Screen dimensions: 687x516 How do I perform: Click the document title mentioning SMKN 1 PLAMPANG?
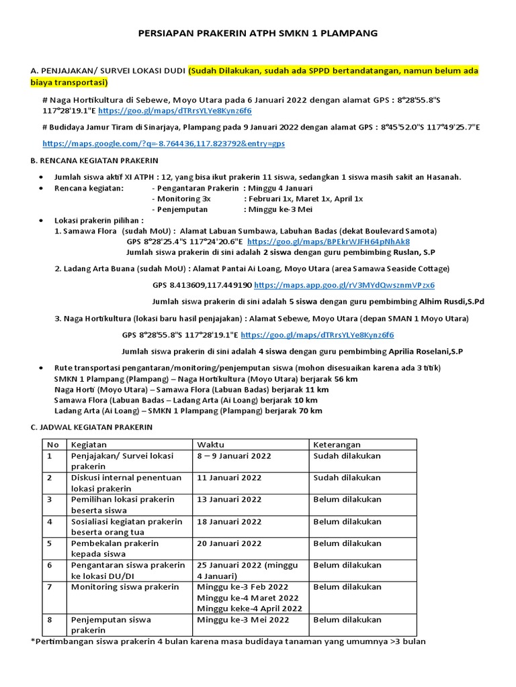pos(257,32)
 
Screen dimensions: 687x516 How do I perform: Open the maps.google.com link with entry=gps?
pos(163,144)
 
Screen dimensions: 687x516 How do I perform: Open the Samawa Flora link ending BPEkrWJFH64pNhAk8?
pos(329,242)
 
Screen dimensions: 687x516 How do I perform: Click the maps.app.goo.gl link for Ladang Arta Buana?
pos(345,285)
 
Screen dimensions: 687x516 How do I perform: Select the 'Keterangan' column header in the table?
pos(337,444)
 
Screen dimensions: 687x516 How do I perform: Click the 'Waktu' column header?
pos(210,444)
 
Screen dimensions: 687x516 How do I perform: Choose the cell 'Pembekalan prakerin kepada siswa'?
pos(115,548)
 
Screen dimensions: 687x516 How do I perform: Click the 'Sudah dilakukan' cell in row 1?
pos(347,456)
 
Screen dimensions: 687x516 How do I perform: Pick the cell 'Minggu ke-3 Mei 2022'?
pos(243,620)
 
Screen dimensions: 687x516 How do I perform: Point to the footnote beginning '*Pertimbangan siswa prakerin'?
pos(228,641)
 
